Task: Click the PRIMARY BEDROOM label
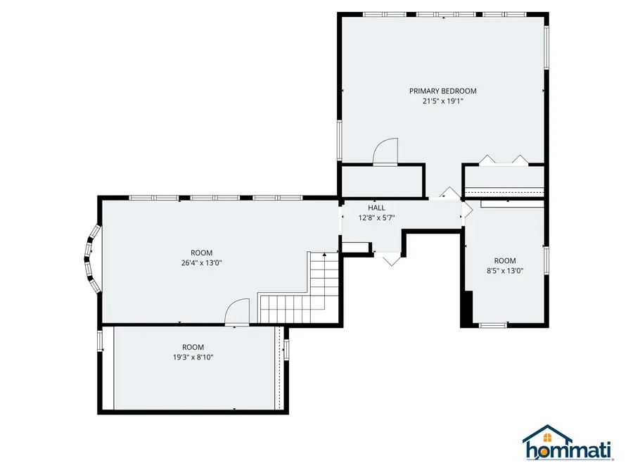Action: point(443,91)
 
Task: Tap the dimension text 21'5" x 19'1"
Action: point(443,101)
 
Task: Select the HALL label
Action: point(376,208)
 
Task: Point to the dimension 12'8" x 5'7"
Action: point(376,217)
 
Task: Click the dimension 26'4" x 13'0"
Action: point(201,263)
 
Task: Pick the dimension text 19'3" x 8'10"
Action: point(193,357)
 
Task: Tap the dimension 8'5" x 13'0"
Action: point(505,271)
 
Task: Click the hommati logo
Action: point(568,443)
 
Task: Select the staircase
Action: point(299,288)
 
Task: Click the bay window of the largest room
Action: point(91,258)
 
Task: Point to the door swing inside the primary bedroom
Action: point(385,152)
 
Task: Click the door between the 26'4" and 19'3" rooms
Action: point(238,312)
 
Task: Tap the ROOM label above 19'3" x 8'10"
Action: point(193,347)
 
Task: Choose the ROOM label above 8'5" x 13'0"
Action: point(505,260)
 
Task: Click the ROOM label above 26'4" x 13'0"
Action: point(201,253)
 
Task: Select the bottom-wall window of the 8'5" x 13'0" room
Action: point(493,324)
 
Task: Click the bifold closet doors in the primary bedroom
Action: point(504,160)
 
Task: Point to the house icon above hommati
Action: point(547,435)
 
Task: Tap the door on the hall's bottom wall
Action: point(390,258)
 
